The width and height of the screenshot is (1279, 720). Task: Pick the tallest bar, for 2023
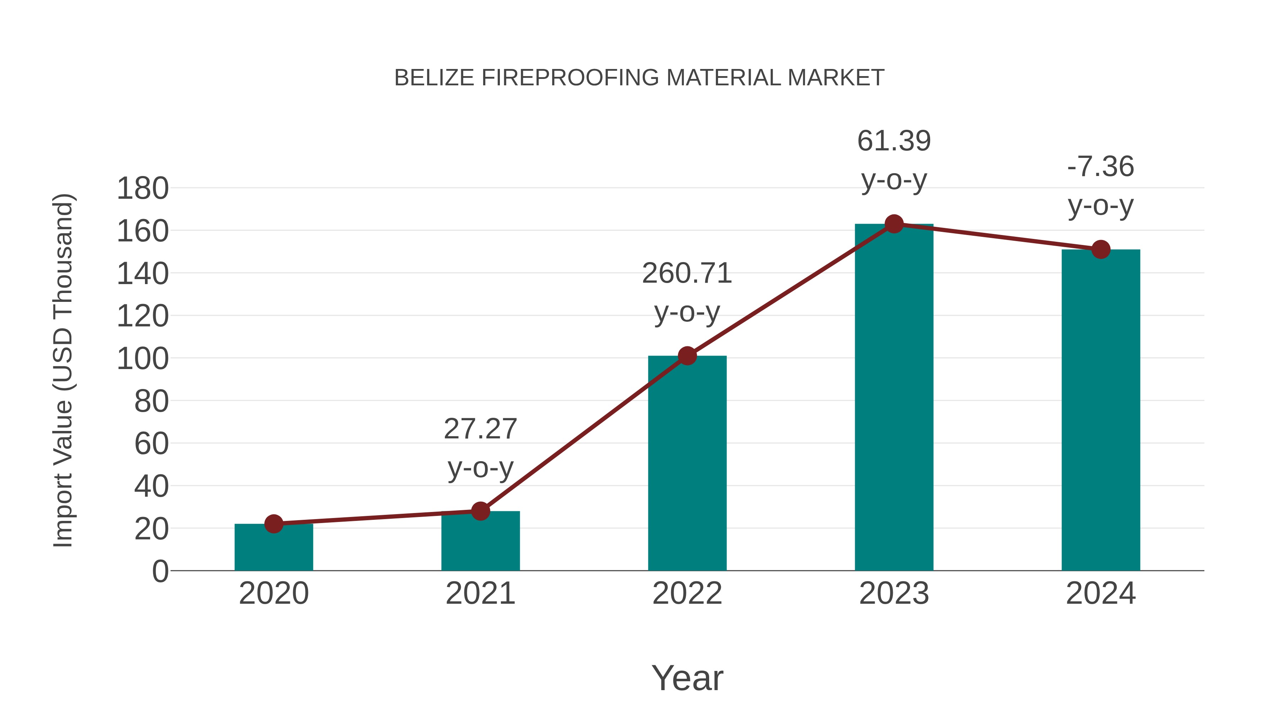894,398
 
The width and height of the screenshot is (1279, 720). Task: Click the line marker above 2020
274,524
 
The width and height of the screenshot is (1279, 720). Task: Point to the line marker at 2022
687,356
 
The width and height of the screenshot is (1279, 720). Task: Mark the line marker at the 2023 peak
894,224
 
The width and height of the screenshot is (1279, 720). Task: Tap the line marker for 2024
1101,250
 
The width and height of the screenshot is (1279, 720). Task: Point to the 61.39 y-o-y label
894,160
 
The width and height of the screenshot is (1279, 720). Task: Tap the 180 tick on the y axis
142,189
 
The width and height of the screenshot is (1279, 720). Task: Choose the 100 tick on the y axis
142,359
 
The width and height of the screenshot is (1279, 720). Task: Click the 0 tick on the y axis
160,571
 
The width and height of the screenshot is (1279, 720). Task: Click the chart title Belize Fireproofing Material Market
639,78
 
